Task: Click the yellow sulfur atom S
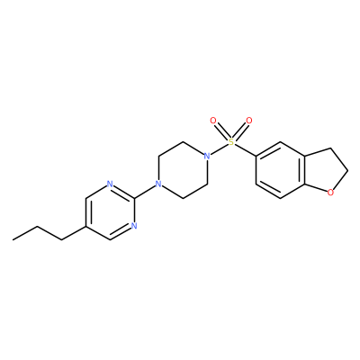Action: point(230,142)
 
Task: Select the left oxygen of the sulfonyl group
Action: point(213,121)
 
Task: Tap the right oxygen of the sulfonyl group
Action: point(249,121)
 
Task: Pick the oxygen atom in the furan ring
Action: point(330,193)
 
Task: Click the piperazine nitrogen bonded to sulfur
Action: point(206,156)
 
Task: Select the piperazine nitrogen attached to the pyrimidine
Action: point(157,184)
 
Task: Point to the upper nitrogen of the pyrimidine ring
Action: point(110,184)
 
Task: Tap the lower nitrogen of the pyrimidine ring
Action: point(134,226)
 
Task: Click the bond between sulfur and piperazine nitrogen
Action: point(219,149)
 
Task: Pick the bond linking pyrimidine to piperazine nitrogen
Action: point(146,191)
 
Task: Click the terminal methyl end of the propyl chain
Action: point(13,239)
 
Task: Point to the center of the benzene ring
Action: point(280,170)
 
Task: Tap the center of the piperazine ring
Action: point(182,170)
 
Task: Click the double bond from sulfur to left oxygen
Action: point(221,131)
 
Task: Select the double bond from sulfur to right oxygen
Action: point(240,131)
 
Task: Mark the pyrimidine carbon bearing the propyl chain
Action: point(85,226)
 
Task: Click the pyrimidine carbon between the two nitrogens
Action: point(134,198)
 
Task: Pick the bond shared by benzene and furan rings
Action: point(304,170)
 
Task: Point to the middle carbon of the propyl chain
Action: point(38,226)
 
